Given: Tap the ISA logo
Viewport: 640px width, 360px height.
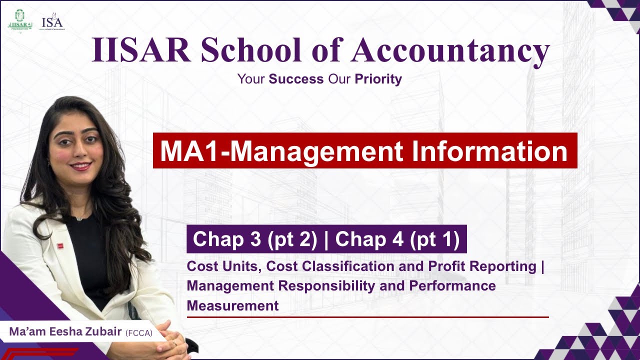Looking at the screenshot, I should point(52,23).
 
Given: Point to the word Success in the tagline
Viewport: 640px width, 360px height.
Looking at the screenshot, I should point(296,79).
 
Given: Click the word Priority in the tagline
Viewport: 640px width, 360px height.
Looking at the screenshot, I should point(378,79).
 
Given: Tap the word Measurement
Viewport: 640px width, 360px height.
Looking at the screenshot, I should point(232,305).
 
